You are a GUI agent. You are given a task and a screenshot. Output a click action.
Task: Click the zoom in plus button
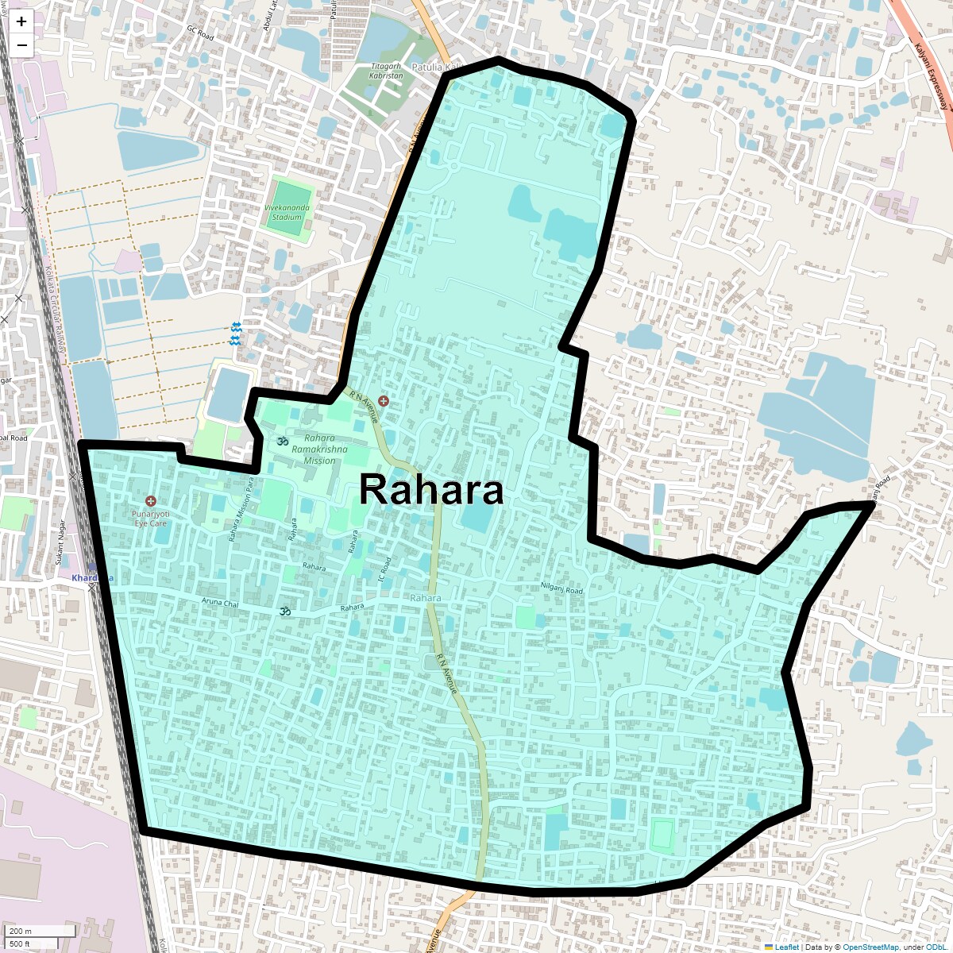pyautogui.click(x=21, y=21)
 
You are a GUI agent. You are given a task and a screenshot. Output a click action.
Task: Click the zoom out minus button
pyautogui.click(x=21, y=45)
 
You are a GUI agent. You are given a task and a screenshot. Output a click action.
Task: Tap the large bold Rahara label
pyautogui.click(x=431, y=490)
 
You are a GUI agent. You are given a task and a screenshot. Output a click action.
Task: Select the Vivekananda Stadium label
pyautogui.click(x=287, y=212)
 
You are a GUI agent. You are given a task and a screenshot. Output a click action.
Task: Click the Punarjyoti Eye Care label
pyautogui.click(x=150, y=519)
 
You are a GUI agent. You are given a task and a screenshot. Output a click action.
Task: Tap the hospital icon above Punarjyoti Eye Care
pyautogui.click(x=151, y=501)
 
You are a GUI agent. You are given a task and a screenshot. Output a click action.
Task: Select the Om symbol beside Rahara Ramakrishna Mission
pyautogui.click(x=281, y=441)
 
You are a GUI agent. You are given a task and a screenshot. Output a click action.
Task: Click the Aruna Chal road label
pyautogui.click(x=220, y=604)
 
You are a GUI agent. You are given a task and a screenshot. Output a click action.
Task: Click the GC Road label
pyautogui.click(x=200, y=33)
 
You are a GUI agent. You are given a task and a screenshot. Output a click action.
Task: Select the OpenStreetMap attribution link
pyautogui.click(x=870, y=947)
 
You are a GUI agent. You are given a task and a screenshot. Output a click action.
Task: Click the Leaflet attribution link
pyautogui.click(x=786, y=947)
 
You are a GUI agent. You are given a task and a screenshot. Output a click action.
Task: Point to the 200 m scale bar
pyautogui.click(x=40, y=931)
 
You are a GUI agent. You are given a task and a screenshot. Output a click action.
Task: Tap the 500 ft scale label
pyautogui.click(x=21, y=943)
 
